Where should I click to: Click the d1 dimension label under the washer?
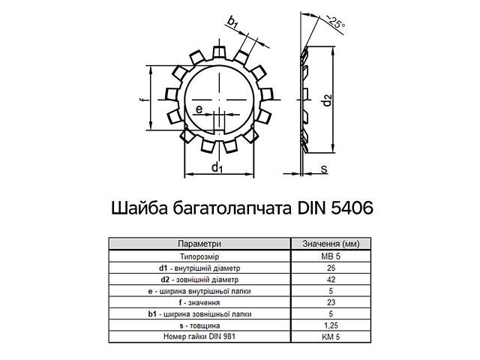point(217,167)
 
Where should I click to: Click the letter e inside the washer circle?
point(198,110)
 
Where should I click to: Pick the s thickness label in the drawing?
point(324,169)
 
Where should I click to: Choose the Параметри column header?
point(199,244)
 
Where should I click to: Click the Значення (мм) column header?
point(331,244)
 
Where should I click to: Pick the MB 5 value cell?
point(331,256)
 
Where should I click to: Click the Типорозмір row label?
point(199,256)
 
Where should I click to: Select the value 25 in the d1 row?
point(331,268)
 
